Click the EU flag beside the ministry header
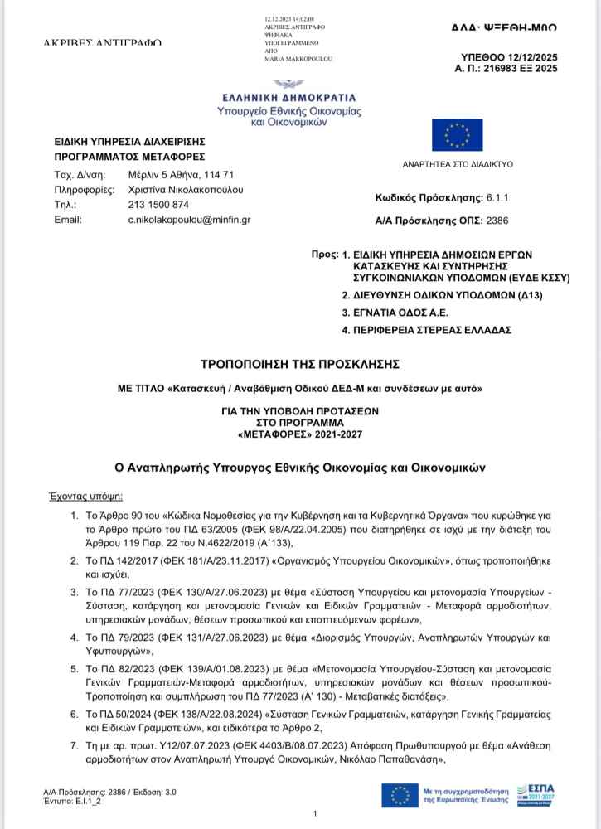[457, 134]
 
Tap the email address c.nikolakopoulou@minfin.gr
[189, 219]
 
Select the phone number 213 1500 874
[158, 204]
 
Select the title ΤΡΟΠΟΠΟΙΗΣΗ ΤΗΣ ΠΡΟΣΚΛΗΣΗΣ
[301, 363]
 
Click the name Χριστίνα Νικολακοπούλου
[186, 190]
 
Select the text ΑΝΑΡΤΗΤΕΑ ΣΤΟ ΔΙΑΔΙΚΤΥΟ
[458, 164]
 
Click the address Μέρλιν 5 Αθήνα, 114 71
[181, 175]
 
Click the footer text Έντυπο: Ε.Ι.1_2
[75, 801]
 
